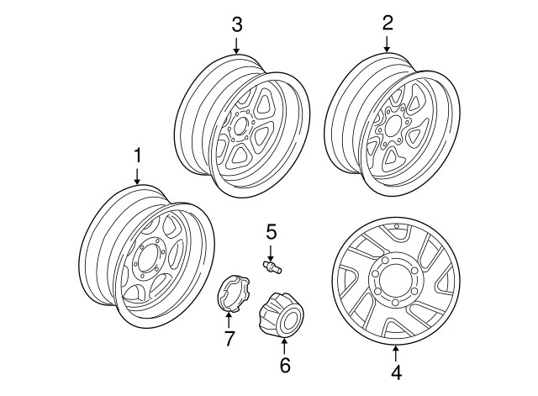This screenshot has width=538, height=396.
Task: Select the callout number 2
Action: coord(387,23)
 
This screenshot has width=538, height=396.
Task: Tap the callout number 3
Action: coord(236,23)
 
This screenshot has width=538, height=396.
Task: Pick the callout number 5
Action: coord(271,230)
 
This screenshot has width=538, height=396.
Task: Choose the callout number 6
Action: coord(284,366)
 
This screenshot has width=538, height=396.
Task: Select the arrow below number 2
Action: coord(387,44)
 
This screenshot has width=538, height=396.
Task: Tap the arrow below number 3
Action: coord(236,44)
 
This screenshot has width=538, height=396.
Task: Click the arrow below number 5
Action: coord(271,250)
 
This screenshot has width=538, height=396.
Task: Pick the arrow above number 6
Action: coord(284,344)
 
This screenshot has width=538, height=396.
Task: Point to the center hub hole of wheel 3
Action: coord(241,128)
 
